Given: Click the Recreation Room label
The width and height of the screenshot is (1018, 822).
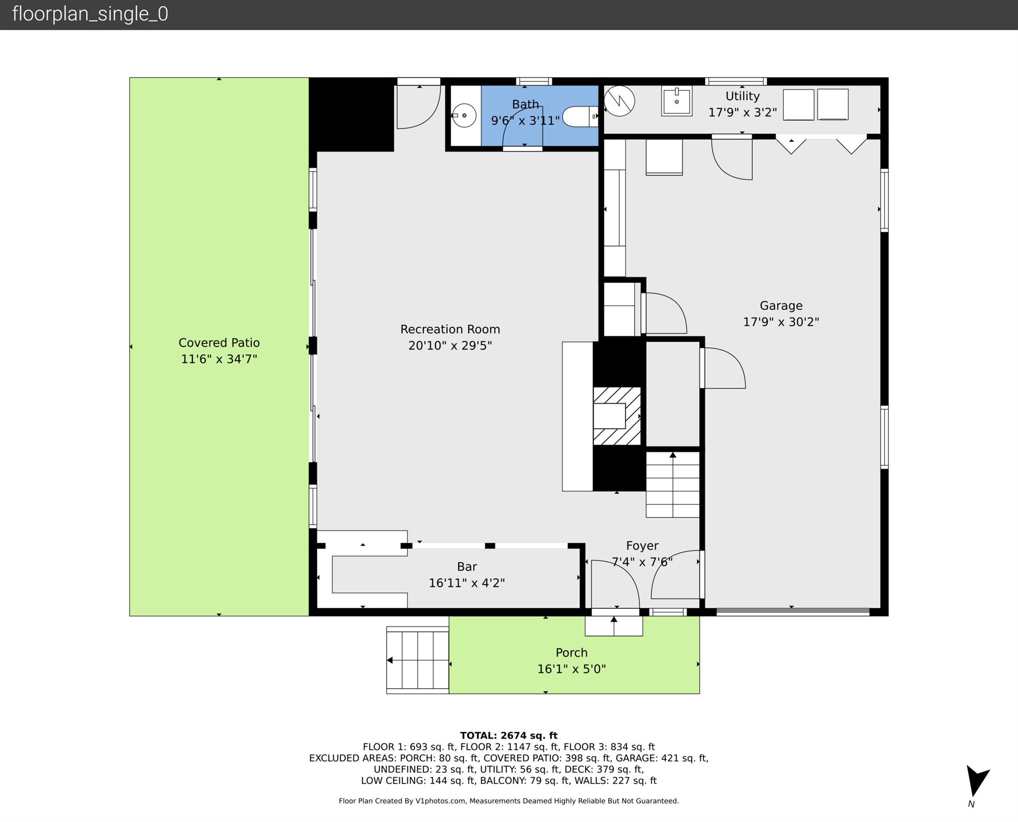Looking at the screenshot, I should (x=450, y=329).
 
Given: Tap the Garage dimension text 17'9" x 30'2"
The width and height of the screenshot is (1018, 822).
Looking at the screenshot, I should (x=781, y=322).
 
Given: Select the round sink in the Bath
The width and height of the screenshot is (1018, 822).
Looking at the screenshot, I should (x=464, y=115).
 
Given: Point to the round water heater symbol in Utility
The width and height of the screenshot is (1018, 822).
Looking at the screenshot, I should (x=619, y=101).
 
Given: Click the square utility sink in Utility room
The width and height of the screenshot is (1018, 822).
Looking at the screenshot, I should (x=676, y=101).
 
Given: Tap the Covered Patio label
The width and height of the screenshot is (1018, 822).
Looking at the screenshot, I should (x=219, y=343).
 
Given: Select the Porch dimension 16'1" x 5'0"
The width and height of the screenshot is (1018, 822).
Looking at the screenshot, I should (x=571, y=669).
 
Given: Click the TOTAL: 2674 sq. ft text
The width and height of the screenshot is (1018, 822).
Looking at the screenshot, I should (x=508, y=735).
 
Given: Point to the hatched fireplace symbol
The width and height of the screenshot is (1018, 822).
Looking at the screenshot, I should (x=617, y=416).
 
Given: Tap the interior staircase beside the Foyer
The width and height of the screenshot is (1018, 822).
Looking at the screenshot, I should (x=672, y=485).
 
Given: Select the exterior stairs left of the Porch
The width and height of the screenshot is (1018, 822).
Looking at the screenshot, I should (x=417, y=660).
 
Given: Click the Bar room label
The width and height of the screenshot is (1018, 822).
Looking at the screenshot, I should (x=467, y=567).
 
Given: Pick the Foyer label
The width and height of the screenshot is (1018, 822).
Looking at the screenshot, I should (x=642, y=546).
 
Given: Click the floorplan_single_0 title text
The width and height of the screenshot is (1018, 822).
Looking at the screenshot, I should (x=90, y=14).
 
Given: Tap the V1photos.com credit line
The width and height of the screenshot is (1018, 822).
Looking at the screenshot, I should (x=508, y=801).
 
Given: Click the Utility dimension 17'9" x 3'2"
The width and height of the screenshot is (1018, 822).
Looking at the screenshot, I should (x=742, y=112).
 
